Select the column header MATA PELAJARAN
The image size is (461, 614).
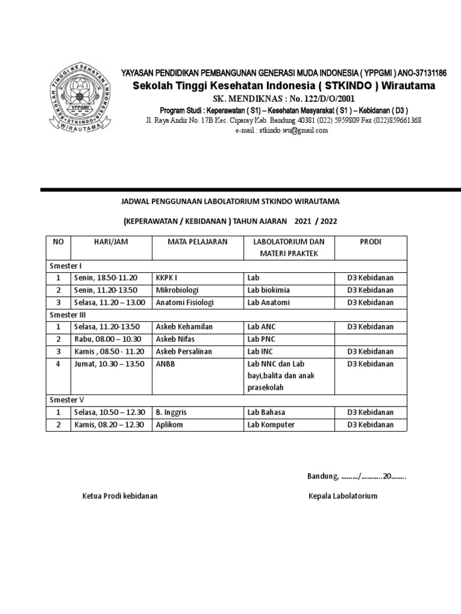pos(189,242)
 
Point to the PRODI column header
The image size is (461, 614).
pos(370,242)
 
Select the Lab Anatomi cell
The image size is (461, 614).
pos(268,303)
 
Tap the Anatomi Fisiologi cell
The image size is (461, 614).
pos(185,303)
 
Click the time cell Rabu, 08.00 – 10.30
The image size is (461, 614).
pos(106,339)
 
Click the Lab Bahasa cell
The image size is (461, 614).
pos(266,413)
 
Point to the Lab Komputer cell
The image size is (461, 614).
pos(271,425)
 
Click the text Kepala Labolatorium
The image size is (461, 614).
pos(343,496)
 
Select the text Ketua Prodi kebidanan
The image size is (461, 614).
pos(120,496)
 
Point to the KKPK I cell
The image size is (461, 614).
pos(166,278)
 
